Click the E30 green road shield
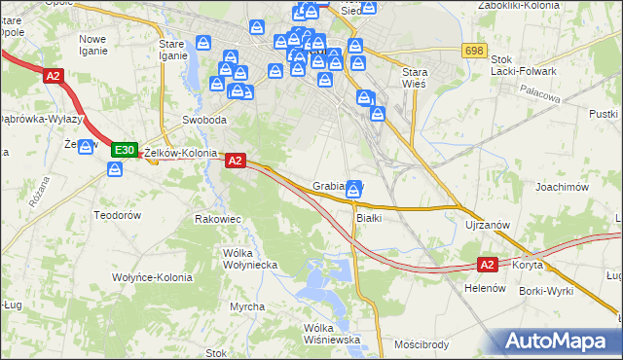[124, 150]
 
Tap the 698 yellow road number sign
[475, 51]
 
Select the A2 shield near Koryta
[489, 264]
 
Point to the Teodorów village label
[118, 214]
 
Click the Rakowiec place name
[218, 219]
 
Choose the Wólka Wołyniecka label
[250, 259]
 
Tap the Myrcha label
[247, 306]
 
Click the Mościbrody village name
[421, 344]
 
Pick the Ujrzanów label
[488, 225]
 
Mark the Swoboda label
[204, 120]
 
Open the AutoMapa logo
[559, 342]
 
